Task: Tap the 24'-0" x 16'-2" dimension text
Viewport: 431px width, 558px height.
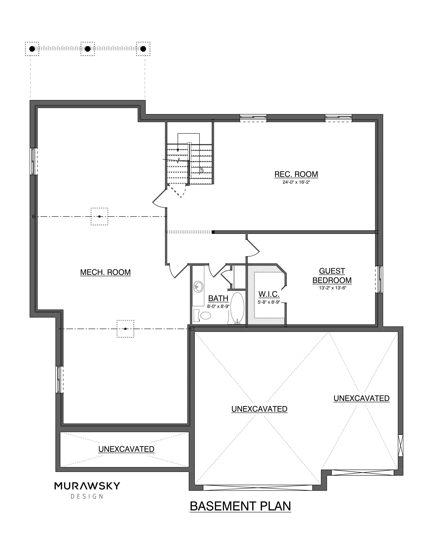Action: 296,182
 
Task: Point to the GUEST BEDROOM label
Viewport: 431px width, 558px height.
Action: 332,276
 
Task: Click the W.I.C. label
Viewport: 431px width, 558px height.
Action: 269,294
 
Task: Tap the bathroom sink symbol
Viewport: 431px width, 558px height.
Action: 198,287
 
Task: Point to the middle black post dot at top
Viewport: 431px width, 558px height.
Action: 88,49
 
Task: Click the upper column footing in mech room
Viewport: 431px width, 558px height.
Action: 99,216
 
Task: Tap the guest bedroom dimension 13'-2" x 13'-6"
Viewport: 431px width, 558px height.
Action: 332,288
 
